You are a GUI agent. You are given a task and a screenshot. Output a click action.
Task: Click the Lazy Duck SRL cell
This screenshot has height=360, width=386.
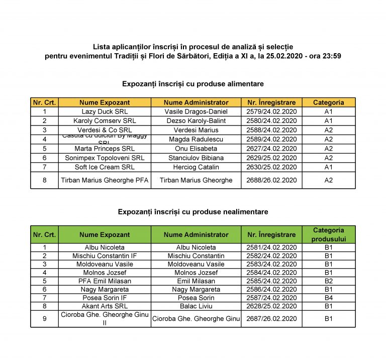(x=105, y=111)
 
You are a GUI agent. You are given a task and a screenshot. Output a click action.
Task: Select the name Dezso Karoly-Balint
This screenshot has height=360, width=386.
(x=196, y=121)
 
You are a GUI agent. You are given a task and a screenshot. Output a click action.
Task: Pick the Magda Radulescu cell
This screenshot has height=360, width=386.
(x=196, y=139)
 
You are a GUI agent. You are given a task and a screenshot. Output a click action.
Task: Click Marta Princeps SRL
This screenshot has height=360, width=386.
(x=105, y=149)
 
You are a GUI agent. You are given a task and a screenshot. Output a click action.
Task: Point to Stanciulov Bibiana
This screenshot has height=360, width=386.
(x=196, y=158)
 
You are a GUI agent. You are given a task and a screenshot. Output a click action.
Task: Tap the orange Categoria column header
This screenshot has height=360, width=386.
(x=329, y=102)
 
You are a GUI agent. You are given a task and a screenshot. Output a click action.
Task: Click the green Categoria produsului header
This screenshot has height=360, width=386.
(x=329, y=234)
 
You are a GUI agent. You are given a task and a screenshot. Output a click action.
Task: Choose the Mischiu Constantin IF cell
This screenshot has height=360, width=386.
(x=105, y=256)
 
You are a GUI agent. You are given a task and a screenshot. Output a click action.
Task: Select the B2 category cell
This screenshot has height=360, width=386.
(x=329, y=281)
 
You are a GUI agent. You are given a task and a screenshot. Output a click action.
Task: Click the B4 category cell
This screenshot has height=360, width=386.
(x=329, y=297)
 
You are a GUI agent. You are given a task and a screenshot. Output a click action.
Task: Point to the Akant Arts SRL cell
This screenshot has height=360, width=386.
(x=105, y=306)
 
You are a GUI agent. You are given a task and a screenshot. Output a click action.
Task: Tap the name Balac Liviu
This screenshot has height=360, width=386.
(x=196, y=306)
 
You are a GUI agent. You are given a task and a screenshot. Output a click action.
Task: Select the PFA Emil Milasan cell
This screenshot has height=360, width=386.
(x=105, y=281)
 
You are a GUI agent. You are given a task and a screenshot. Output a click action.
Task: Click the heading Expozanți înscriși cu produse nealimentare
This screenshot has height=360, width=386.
(x=193, y=212)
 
